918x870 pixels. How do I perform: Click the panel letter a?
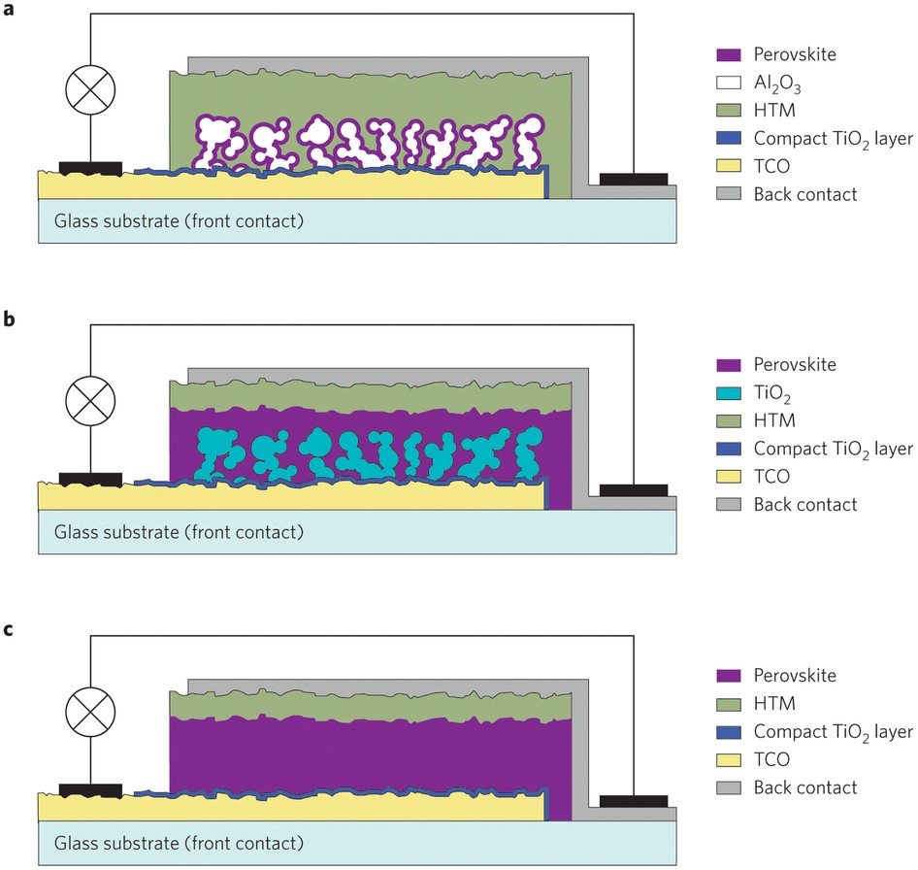pyautogui.click(x=8, y=10)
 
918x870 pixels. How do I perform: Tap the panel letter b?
pyautogui.click(x=9, y=318)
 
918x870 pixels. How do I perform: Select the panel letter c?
pyautogui.click(x=8, y=630)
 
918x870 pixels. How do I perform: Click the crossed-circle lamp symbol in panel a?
pyautogui.click(x=90, y=89)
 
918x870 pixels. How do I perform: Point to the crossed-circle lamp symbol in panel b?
pyautogui.click(x=90, y=401)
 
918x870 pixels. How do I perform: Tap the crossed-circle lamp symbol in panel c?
pyautogui.click(x=90, y=712)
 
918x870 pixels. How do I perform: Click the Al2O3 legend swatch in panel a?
pyautogui.click(x=729, y=82)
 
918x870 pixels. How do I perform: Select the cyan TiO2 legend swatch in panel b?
pyautogui.click(x=729, y=392)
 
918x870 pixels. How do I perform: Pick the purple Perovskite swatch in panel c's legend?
pyautogui.click(x=729, y=676)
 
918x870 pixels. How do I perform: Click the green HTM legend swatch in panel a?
pyautogui.click(x=729, y=110)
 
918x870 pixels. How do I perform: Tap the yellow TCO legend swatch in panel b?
pyautogui.click(x=729, y=477)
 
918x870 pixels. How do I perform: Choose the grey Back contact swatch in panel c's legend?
pyautogui.click(x=729, y=787)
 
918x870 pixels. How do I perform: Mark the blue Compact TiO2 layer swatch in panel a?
pyautogui.click(x=729, y=138)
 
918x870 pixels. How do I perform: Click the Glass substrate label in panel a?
pyautogui.click(x=180, y=221)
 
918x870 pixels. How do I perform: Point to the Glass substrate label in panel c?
pyautogui.click(x=180, y=844)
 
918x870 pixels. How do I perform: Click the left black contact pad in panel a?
pyautogui.click(x=91, y=169)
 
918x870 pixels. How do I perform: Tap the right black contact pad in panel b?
pyautogui.click(x=634, y=490)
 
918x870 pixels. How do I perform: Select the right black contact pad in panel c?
pyautogui.click(x=634, y=801)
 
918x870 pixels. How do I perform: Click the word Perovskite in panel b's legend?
pyautogui.click(x=795, y=364)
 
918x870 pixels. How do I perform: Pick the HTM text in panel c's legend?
pyautogui.click(x=774, y=703)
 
